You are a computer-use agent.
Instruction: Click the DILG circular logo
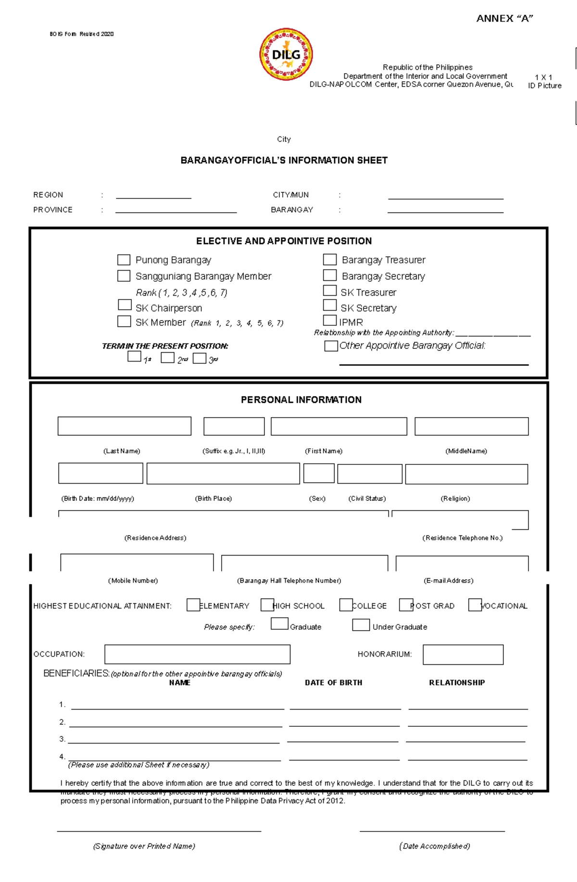pos(286,54)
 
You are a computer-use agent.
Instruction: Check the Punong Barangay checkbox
pos(124,260)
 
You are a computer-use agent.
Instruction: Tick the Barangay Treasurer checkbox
pos(329,260)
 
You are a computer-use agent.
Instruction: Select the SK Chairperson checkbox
pos(125,305)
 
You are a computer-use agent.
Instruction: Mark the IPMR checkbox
pos(329,320)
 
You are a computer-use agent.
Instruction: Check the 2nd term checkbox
pos(167,358)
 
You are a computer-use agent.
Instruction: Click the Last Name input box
pos(124,426)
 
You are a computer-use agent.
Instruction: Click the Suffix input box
pos(234,426)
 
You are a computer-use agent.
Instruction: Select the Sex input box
pos(318,473)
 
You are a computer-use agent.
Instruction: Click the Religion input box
pos(466,474)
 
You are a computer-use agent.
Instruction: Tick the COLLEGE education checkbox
pos(346,605)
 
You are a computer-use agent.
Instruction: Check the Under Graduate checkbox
pos(361,625)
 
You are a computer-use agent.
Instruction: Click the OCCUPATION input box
pos(197,654)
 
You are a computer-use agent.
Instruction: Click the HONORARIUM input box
pos(463,655)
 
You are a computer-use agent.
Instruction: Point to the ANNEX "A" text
pos(504,19)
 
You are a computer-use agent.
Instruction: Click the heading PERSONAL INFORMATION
pos(301,400)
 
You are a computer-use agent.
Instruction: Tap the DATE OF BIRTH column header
pos(333,683)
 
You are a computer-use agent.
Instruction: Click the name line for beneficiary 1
pos(177,706)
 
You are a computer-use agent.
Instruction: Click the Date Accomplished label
pos(434,846)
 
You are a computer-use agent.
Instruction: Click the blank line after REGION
pos(153,196)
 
